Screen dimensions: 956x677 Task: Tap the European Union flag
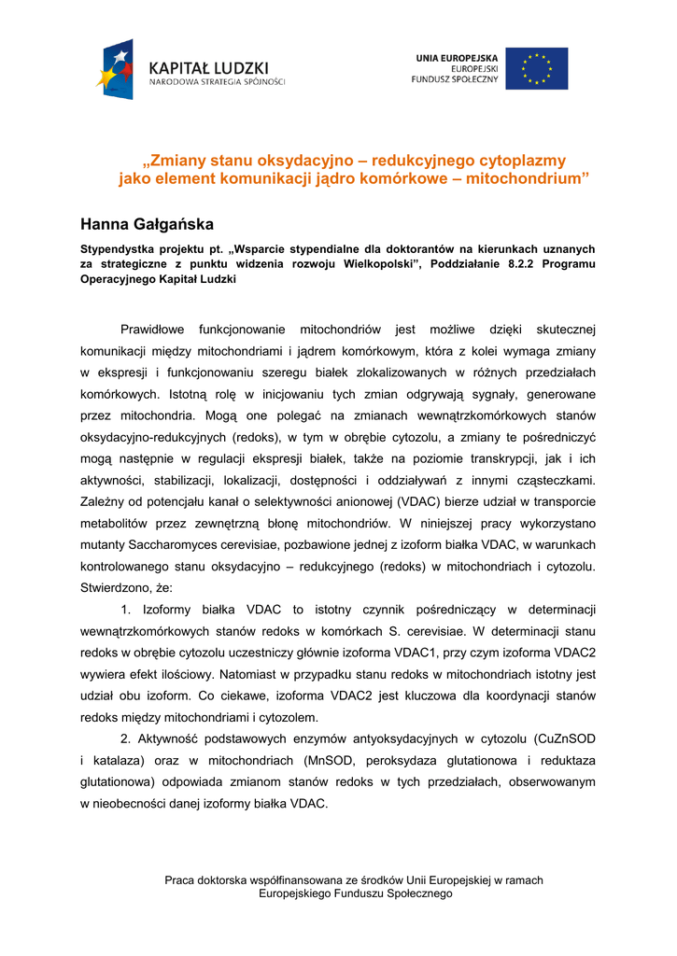(x=536, y=68)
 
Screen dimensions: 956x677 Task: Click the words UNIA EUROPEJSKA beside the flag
(x=457, y=58)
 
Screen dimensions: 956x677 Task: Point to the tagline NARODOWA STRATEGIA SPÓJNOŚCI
(x=218, y=82)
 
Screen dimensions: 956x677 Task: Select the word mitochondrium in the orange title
(x=536, y=177)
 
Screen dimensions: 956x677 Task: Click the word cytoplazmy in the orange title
(x=520, y=161)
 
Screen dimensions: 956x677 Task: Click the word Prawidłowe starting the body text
(x=153, y=329)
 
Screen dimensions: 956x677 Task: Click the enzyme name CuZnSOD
(x=563, y=738)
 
